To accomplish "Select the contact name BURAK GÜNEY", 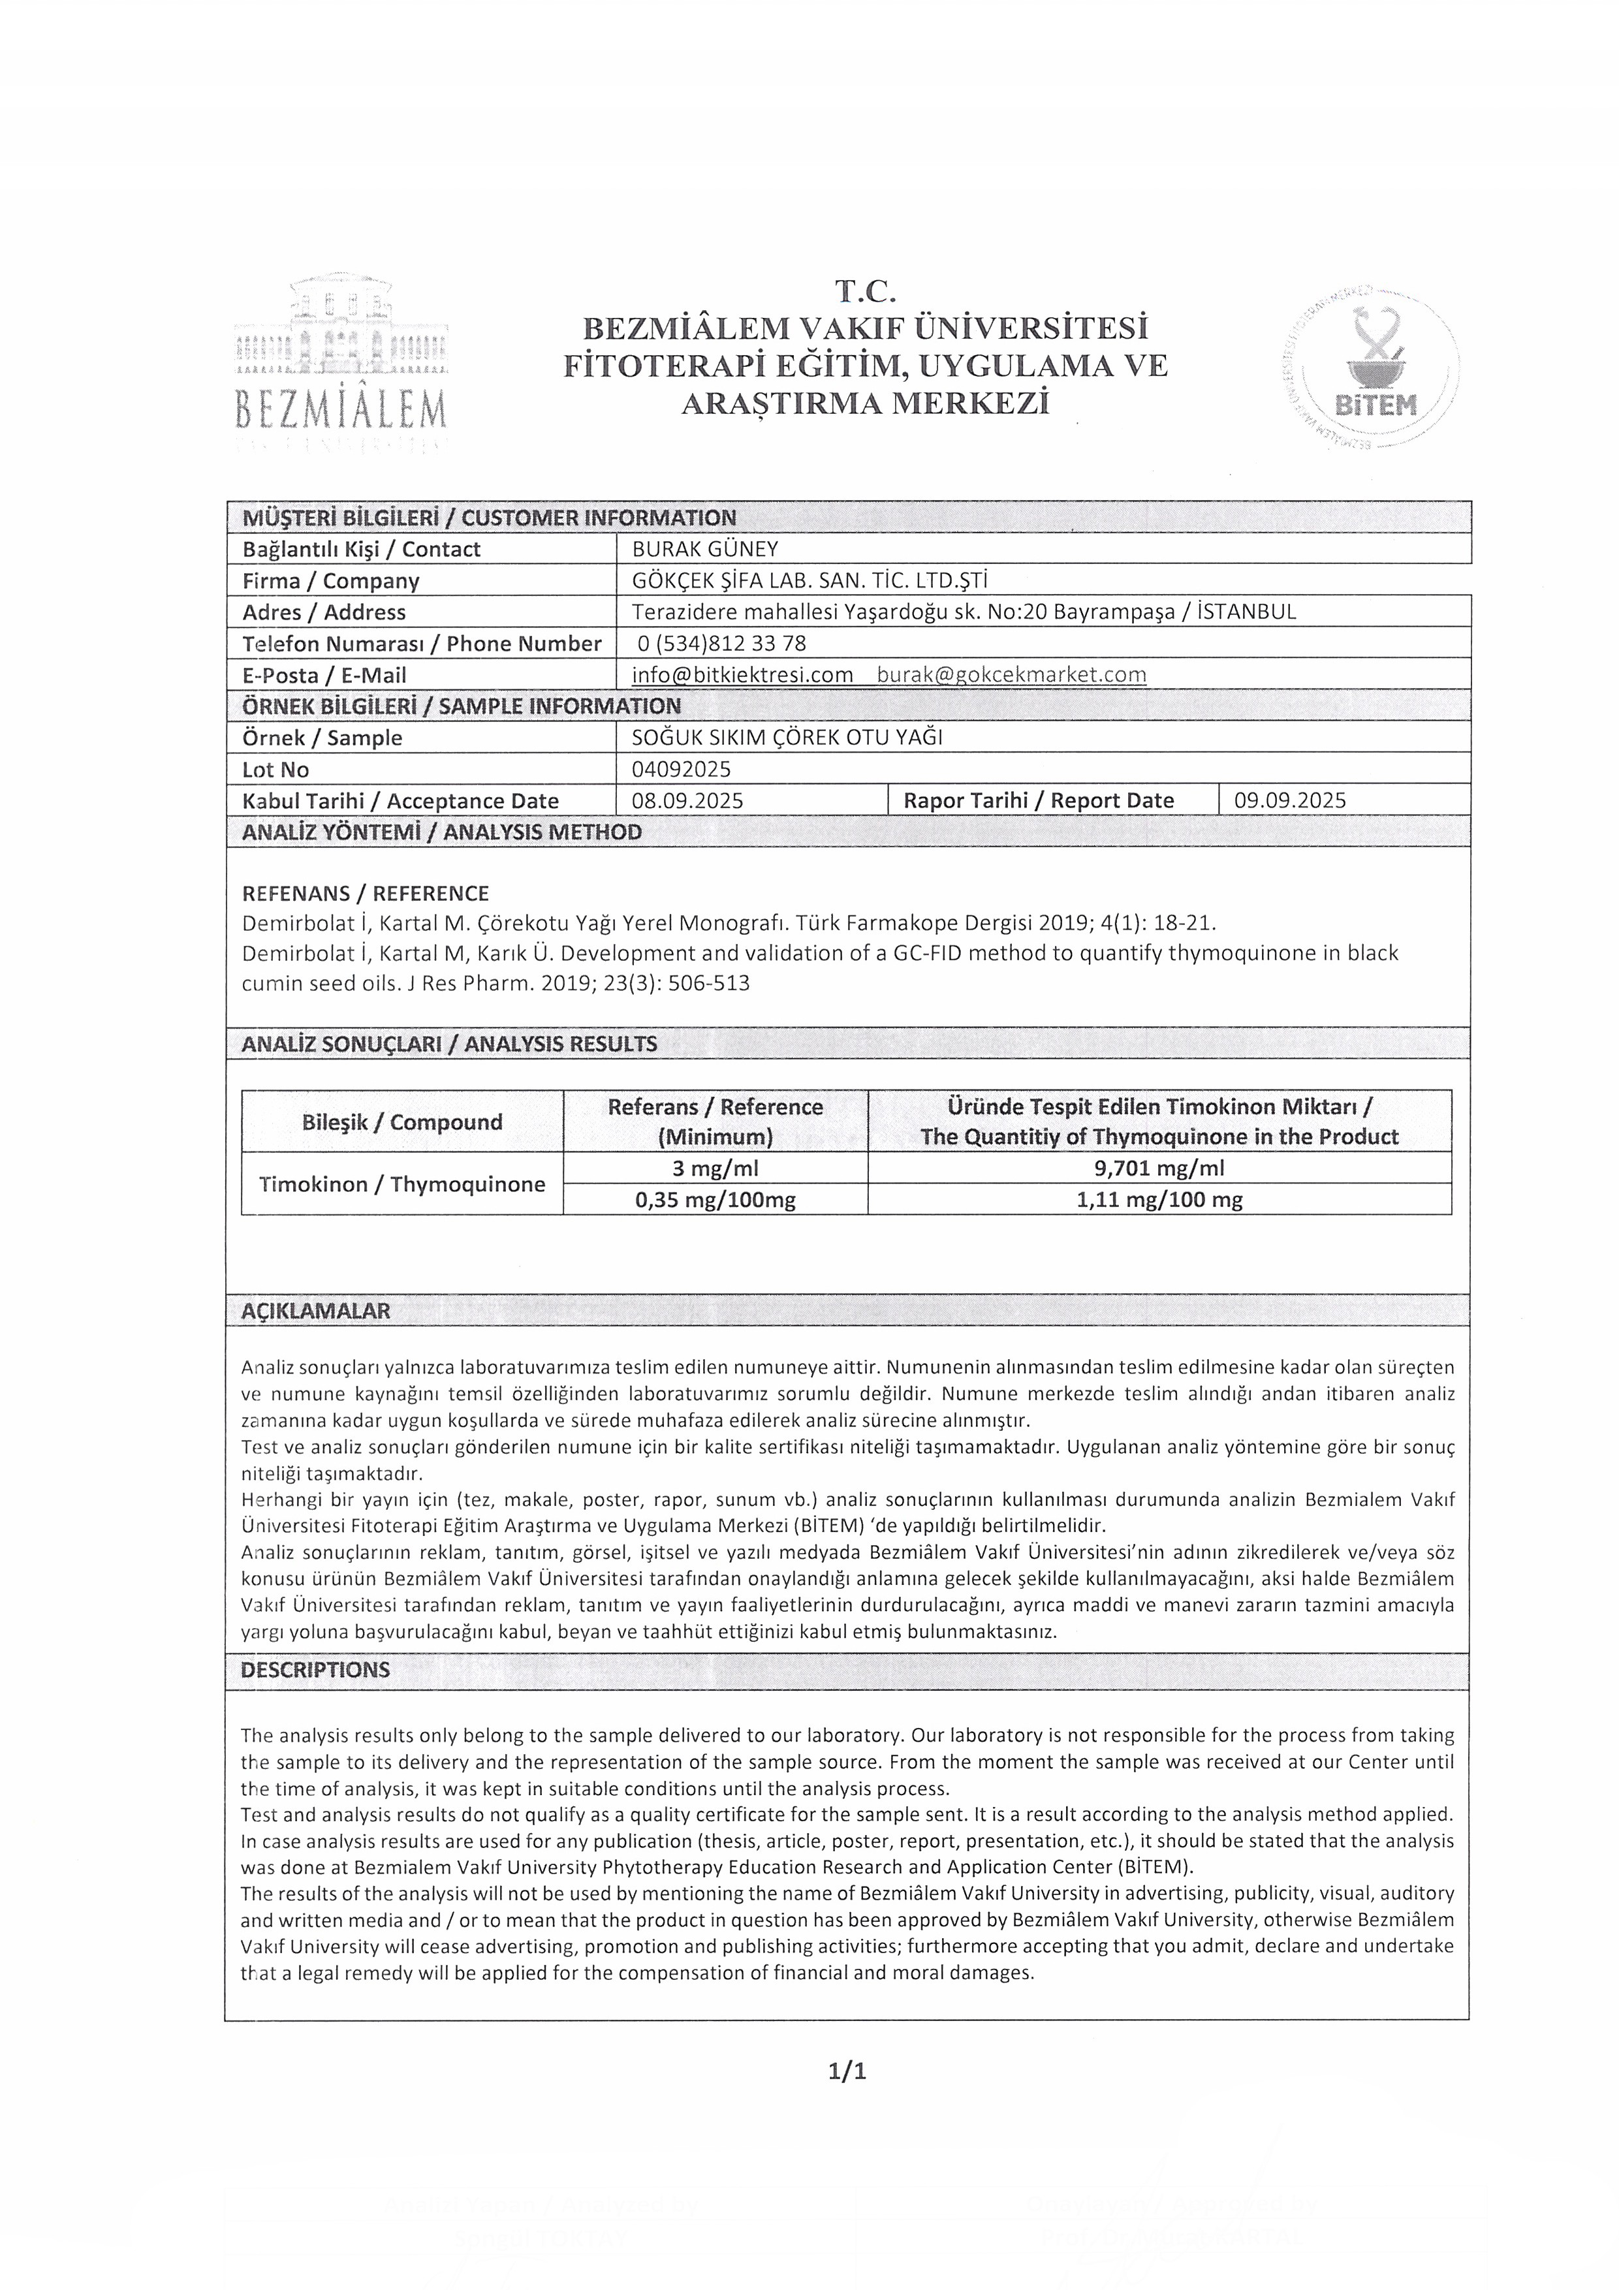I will coord(705,548).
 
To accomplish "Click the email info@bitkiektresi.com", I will coord(742,675).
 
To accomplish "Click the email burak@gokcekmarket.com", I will coord(1011,675).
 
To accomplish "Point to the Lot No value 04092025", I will coord(682,769).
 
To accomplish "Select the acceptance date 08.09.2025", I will coord(687,800).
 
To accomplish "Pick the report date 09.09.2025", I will coord(1290,800).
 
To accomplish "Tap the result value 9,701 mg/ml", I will coord(1159,1168).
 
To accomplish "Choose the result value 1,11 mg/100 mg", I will coord(1159,1200).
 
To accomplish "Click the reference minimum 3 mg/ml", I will coord(715,1168).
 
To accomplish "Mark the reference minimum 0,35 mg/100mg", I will coord(715,1200).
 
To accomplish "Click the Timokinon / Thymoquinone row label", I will coord(402,1184).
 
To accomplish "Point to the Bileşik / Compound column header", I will coord(402,1122).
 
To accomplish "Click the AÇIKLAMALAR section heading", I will coord(315,1311).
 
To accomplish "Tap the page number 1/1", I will coord(847,2071).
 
